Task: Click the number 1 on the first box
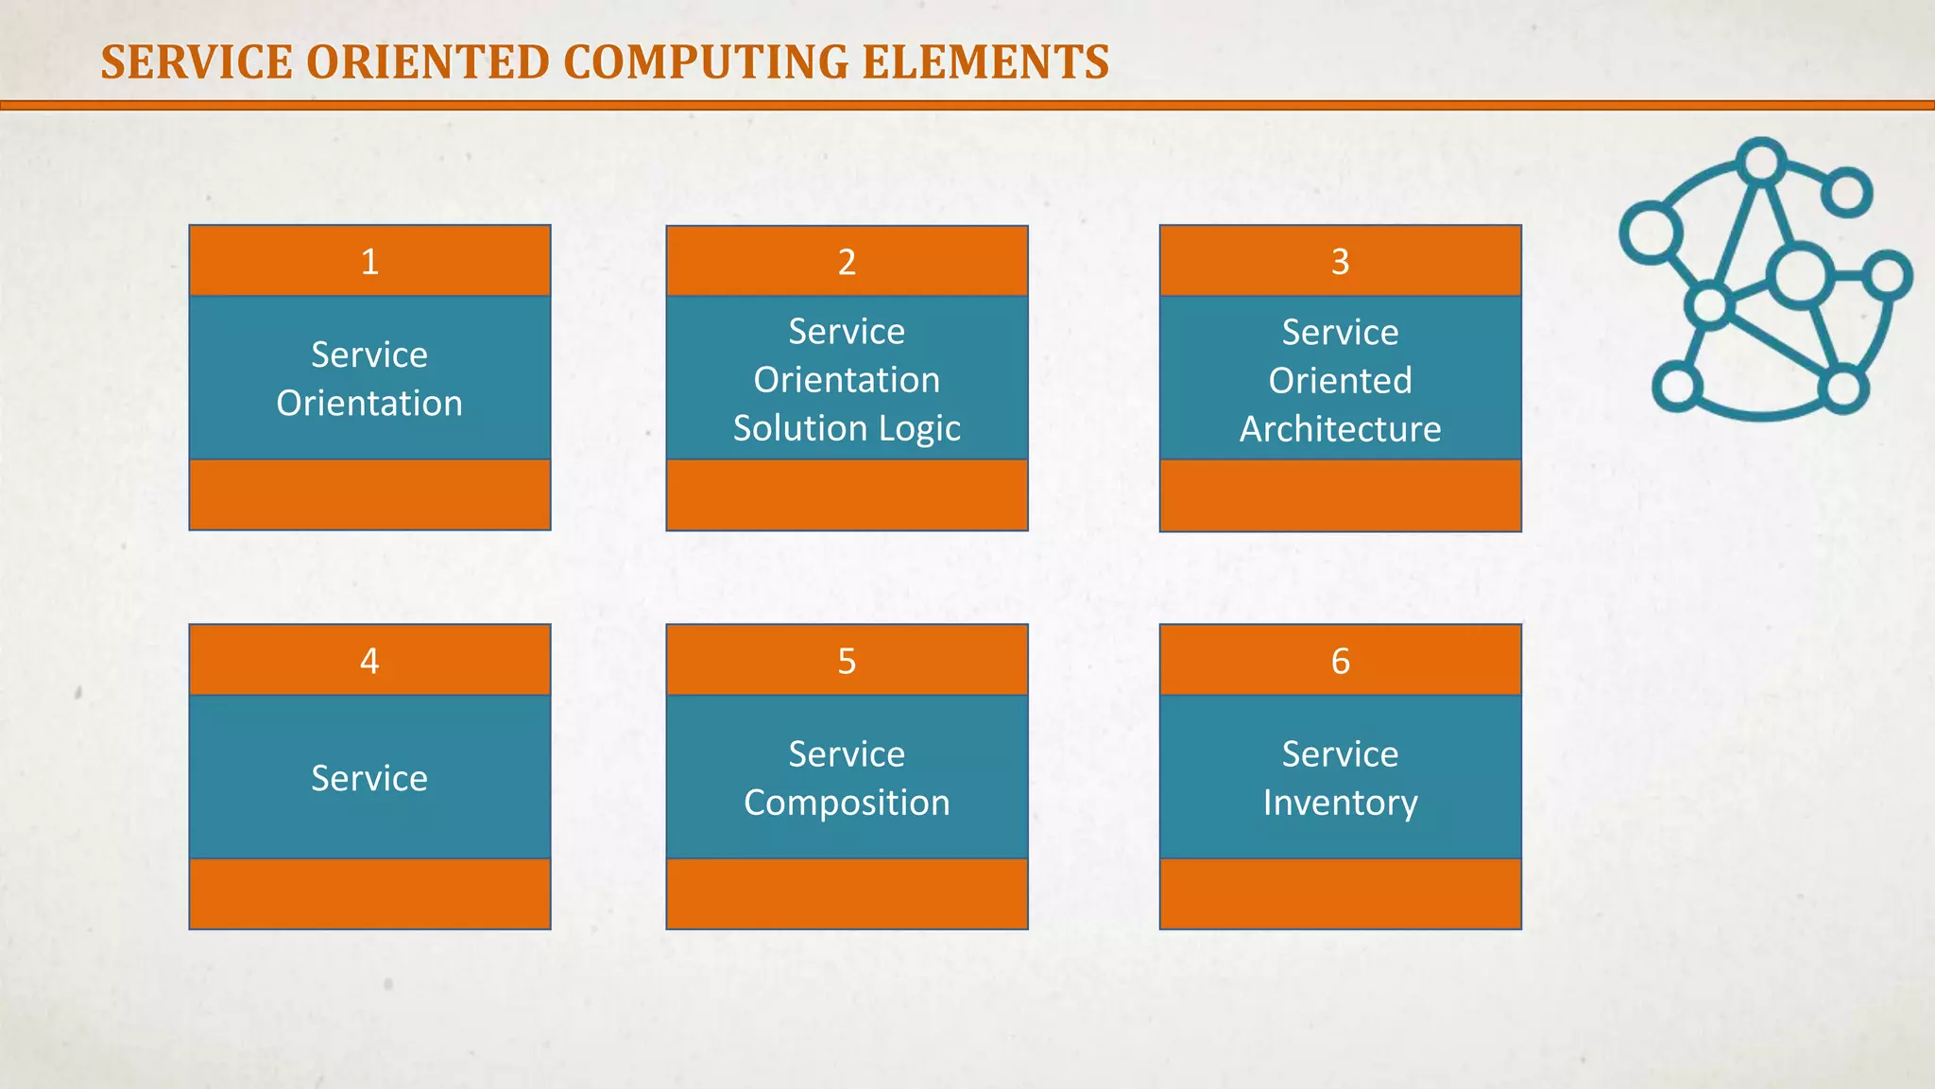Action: pos(369,262)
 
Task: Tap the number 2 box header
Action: pos(847,262)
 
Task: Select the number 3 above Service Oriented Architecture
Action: pos(1340,262)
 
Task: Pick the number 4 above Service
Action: pos(369,661)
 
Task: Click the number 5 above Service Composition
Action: pos(847,661)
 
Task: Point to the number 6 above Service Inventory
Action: pos(1340,661)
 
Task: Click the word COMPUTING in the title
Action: pos(705,62)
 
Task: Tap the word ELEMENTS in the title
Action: pos(985,62)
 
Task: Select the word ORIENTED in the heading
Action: pos(427,62)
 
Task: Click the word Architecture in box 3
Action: pos(1340,429)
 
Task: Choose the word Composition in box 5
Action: pos(847,803)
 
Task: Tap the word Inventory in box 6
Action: pos(1340,803)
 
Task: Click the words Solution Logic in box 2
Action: pos(847,428)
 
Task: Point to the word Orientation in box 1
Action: pos(369,404)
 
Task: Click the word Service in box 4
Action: pos(369,778)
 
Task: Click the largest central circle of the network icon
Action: pos(1800,275)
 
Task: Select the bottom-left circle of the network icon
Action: pos(1677,386)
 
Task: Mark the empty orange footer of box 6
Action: pos(1340,893)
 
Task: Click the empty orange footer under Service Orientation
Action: pos(369,494)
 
